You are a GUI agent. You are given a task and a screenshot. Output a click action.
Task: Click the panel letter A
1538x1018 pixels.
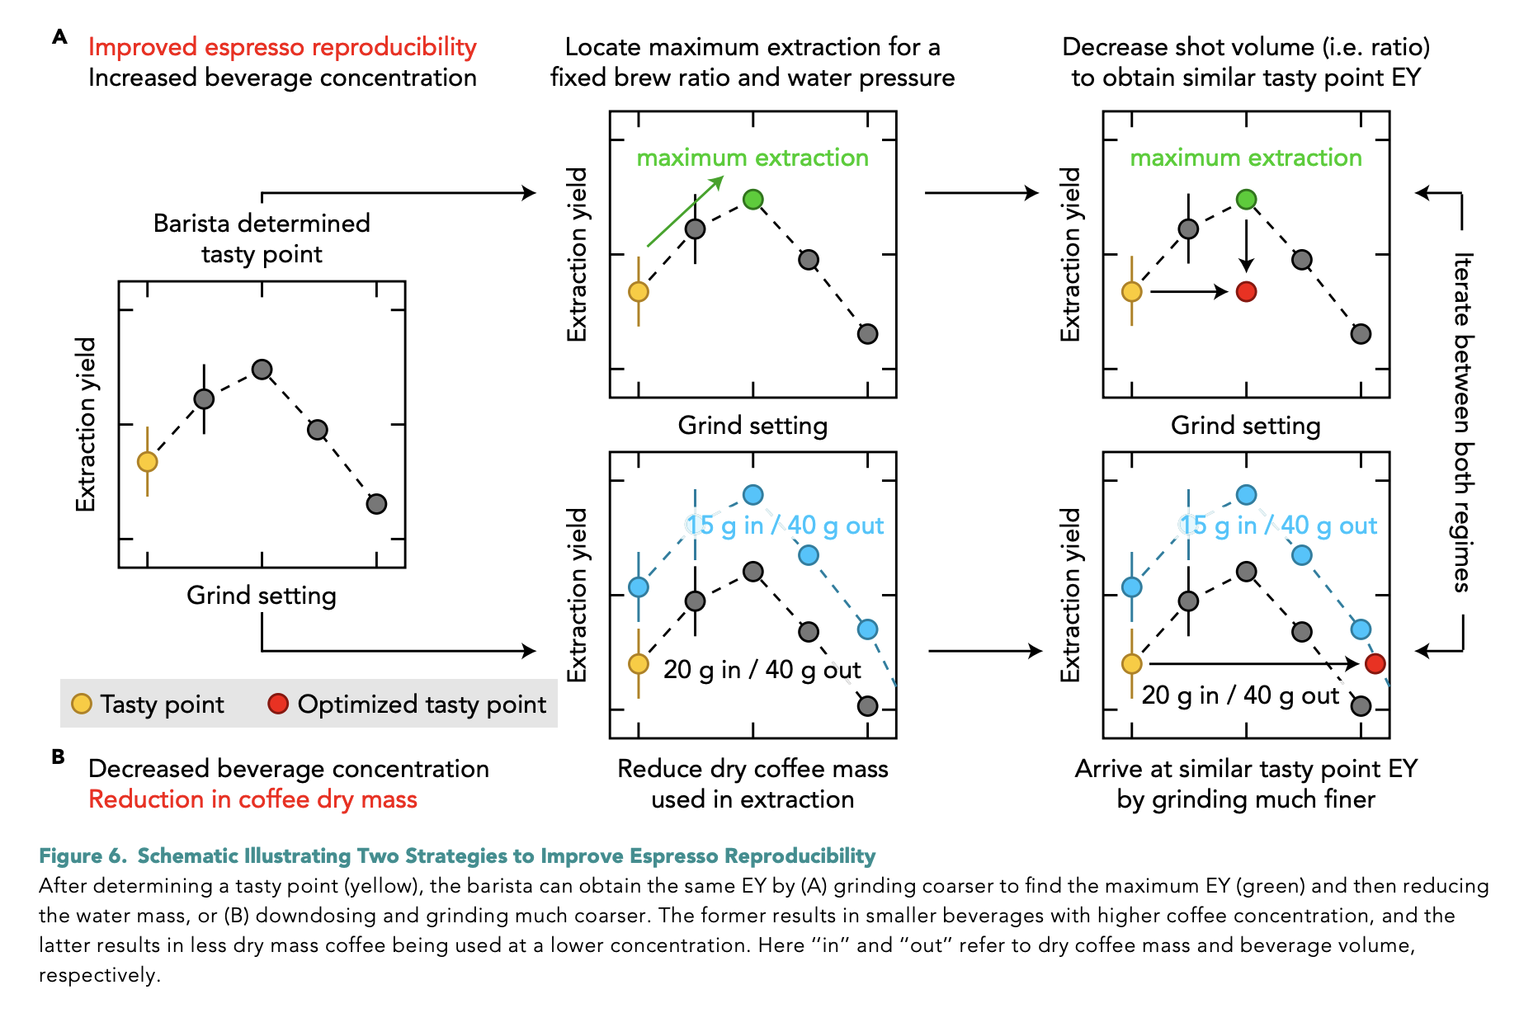pyautogui.click(x=59, y=36)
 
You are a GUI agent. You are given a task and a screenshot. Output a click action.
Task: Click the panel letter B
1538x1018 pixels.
pyautogui.click(x=58, y=756)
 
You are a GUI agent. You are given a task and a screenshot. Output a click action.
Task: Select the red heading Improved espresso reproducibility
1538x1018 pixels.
pyautogui.click(x=282, y=47)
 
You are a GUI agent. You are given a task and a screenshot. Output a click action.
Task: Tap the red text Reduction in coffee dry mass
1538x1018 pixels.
pyautogui.click(x=252, y=799)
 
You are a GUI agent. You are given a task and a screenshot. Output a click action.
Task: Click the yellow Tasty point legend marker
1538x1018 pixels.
pyautogui.click(x=82, y=704)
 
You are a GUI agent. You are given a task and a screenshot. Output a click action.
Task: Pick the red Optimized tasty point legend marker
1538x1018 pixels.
pyautogui.click(x=278, y=704)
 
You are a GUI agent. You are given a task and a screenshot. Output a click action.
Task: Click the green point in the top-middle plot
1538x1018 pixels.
pyautogui.click(x=752, y=199)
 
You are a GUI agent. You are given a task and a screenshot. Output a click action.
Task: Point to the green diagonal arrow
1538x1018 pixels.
pyautogui.click(x=684, y=211)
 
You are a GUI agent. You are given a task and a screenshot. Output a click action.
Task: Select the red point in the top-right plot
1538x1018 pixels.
pyautogui.click(x=1246, y=291)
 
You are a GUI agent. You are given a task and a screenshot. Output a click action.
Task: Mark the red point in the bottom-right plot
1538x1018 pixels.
pyautogui.click(x=1375, y=663)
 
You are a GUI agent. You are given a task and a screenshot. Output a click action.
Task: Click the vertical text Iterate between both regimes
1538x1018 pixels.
pyautogui.click(x=1462, y=422)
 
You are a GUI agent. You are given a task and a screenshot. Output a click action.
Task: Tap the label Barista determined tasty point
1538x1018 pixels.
pyautogui.click(x=262, y=238)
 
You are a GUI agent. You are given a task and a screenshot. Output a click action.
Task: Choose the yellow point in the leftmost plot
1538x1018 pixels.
pyautogui.click(x=148, y=461)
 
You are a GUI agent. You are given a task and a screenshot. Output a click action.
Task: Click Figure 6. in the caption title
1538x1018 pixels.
pyautogui.click(x=83, y=856)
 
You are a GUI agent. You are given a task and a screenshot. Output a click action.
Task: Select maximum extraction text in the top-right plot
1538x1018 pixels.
pyautogui.click(x=1245, y=158)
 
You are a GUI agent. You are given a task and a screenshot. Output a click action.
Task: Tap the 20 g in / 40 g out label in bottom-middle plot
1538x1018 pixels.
pyautogui.click(x=762, y=669)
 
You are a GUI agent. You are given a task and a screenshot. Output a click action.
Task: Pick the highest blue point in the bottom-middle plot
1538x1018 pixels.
pyautogui.click(x=752, y=495)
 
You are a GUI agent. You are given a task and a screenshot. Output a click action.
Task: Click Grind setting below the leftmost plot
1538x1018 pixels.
pyautogui.click(x=262, y=595)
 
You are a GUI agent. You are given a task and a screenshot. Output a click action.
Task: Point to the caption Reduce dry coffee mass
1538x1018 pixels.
pyautogui.click(x=752, y=769)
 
